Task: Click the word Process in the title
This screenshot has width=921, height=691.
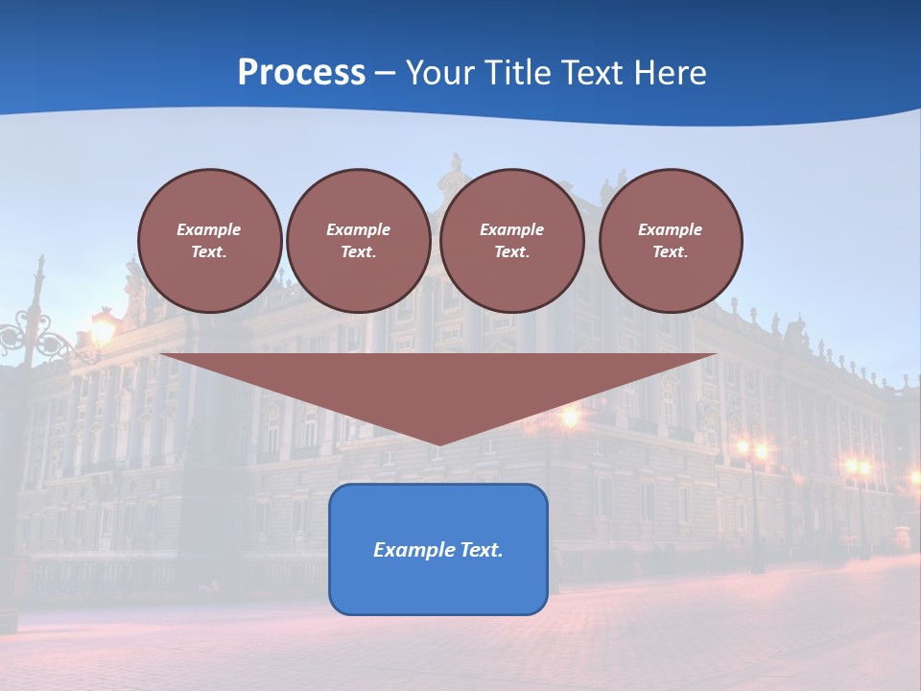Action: point(301,73)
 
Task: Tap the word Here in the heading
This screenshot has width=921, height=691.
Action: point(669,73)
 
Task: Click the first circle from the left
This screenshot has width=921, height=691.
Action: point(209,240)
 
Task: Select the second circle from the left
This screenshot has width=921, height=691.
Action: point(358,240)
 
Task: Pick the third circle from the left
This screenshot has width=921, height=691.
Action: point(511,240)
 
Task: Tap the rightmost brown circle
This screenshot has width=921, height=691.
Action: point(670,240)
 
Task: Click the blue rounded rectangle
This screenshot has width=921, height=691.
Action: point(437,549)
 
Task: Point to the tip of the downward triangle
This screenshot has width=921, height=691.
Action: point(438,444)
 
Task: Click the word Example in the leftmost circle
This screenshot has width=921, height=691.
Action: point(209,229)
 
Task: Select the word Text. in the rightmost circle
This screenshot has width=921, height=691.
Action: point(670,251)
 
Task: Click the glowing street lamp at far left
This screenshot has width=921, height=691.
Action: point(102,332)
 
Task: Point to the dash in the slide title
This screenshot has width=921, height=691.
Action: point(385,73)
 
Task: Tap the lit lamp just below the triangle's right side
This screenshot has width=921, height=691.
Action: point(570,417)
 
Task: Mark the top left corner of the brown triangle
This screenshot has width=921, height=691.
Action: point(160,354)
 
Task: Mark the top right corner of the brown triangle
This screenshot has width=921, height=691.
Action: point(716,354)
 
